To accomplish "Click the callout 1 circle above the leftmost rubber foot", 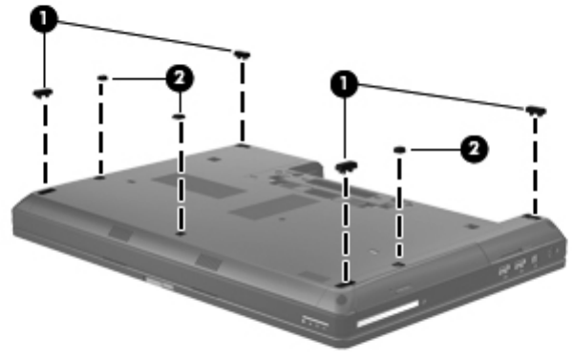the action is (44, 19).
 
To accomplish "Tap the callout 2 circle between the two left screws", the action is (180, 78).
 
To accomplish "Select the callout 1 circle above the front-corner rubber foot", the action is (344, 84).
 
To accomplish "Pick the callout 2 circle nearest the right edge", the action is (474, 149).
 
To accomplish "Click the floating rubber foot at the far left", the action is (43, 93).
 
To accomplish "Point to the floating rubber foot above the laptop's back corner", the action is (242, 54).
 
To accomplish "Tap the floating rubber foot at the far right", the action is (536, 110).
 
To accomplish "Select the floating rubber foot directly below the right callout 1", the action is (346, 166).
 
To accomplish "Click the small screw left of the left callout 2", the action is (102, 77).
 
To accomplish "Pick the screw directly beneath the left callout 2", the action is (179, 116).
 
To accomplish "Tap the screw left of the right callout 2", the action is (399, 150).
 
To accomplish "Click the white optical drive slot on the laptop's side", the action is (388, 313).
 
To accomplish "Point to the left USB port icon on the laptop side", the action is (504, 271).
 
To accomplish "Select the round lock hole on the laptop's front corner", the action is (342, 301).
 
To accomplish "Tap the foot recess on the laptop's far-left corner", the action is (46, 191).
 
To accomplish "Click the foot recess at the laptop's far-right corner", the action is (532, 218).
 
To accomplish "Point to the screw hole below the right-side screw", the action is (399, 263).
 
